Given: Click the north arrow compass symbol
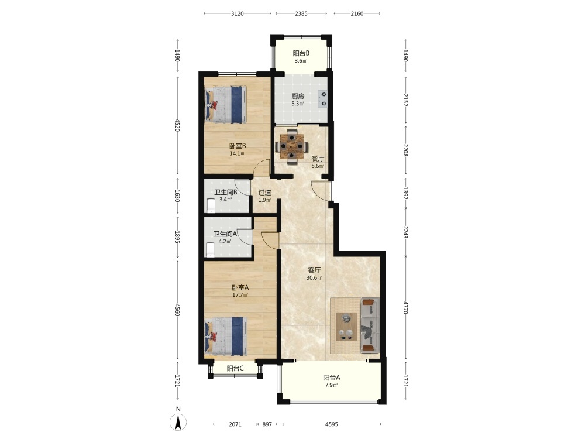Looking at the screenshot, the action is click(x=178, y=422).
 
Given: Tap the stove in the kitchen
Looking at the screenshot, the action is click(x=322, y=99).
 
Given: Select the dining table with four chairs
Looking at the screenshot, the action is click(x=292, y=146).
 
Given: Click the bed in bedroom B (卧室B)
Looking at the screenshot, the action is click(x=225, y=105).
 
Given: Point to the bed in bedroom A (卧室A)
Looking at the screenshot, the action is click(x=225, y=336).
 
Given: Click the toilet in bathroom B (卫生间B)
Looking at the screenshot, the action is click(x=211, y=206).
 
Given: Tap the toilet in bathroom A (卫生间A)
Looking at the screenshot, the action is click(x=211, y=249).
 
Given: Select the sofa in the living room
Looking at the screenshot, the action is click(x=370, y=325).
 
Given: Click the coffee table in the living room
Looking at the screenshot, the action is click(x=346, y=327).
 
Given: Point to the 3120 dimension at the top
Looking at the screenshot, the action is click(x=238, y=14).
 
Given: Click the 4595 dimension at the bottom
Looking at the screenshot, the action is click(x=332, y=424).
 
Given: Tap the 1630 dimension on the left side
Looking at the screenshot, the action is click(x=178, y=196).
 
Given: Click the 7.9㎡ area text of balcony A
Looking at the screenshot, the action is click(x=331, y=385).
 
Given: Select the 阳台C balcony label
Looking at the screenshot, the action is click(x=235, y=368).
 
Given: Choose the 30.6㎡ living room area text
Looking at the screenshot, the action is click(x=314, y=277).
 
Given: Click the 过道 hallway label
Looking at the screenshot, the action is click(x=264, y=193).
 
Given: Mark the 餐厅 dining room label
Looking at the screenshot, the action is click(x=318, y=159).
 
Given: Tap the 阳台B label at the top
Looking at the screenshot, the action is click(x=301, y=53).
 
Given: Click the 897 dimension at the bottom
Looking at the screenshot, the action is click(x=267, y=424).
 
